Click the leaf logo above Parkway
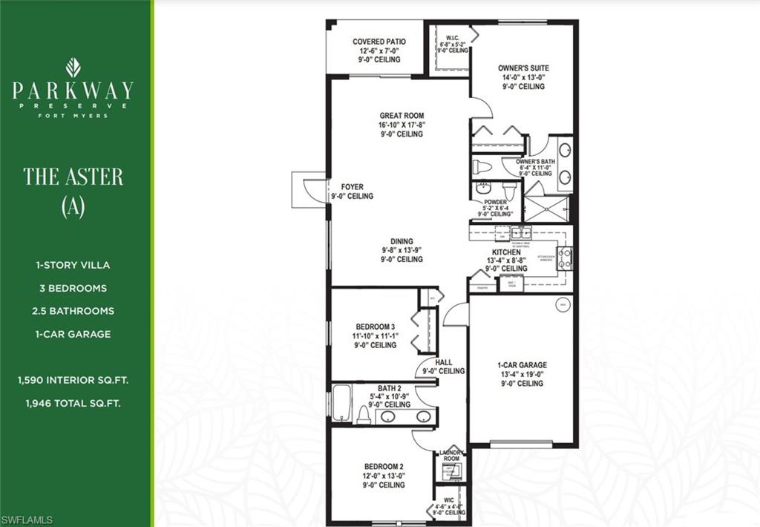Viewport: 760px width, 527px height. (x=73, y=68)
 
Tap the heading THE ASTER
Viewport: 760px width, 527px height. (x=73, y=177)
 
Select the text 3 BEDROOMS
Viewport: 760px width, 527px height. (x=73, y=288)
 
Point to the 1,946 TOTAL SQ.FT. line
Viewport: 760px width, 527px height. (x=73, y=404)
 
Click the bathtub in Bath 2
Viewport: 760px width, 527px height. (x=342, y=405)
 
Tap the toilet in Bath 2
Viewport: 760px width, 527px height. (x=364, y=415)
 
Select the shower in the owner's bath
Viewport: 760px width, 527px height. (x=546, y=207)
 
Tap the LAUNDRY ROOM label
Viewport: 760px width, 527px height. (x=451, y=456)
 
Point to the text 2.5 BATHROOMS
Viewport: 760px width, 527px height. (x=73, y=311)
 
